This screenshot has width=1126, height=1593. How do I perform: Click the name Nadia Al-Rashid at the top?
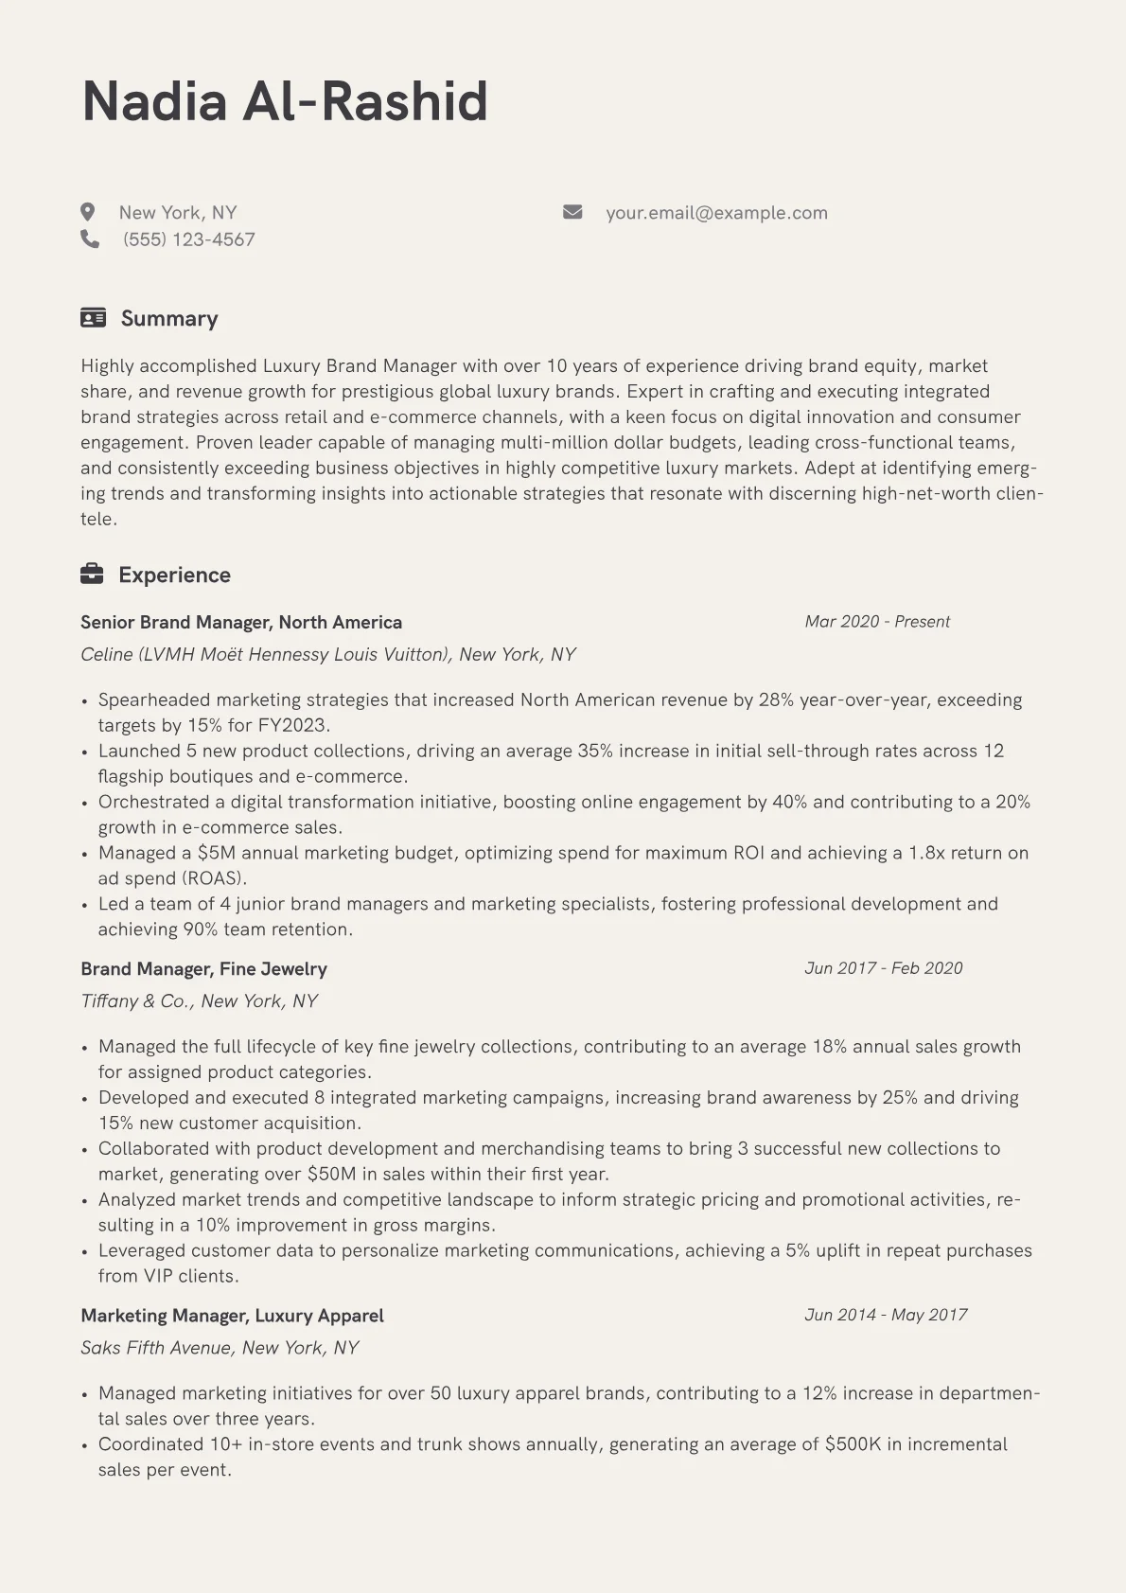pyautogui.click(x=285, y=101)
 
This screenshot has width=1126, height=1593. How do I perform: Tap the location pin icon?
pyautogui.click(x=88, y=212)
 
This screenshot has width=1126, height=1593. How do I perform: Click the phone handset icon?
pyautogui.click(x=90, y=239)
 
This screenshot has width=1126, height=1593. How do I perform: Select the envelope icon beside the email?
pyautogui.click(x=572, y=212)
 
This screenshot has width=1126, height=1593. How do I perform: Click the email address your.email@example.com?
pyautogui.click(x=716, y=213)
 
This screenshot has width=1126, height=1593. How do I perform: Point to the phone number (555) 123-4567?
pyautogui.click(x=189, y=239)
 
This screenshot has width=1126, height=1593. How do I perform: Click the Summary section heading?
pyautogui.click(x=169, y=318)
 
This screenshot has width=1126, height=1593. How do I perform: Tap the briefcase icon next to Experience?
pyautogui.click(x=92, y=574)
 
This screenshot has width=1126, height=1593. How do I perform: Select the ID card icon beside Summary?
pyautogui.click(x=93, y=317)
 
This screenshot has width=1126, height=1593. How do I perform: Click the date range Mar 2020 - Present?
pyautogui.click(x=877, y=622)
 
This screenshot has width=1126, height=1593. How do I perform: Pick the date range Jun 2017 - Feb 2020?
pyautogui.click(x=883, y=968)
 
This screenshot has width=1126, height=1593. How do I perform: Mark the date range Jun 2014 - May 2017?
pyautogui.click(x=886, y=1315)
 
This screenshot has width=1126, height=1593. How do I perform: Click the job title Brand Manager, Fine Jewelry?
pyautogui.click(x=203, y=969)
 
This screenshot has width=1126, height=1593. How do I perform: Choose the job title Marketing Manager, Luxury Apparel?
pyautogui.click(x=232, y=1316)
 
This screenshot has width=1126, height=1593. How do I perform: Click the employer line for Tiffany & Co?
pyautogui.click(x=199, y=1001)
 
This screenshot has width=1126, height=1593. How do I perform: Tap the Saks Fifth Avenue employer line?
pyautogui.click(x=220, y=1348)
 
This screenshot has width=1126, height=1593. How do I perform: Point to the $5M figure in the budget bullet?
pyautogui.click(x=216, y=853)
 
